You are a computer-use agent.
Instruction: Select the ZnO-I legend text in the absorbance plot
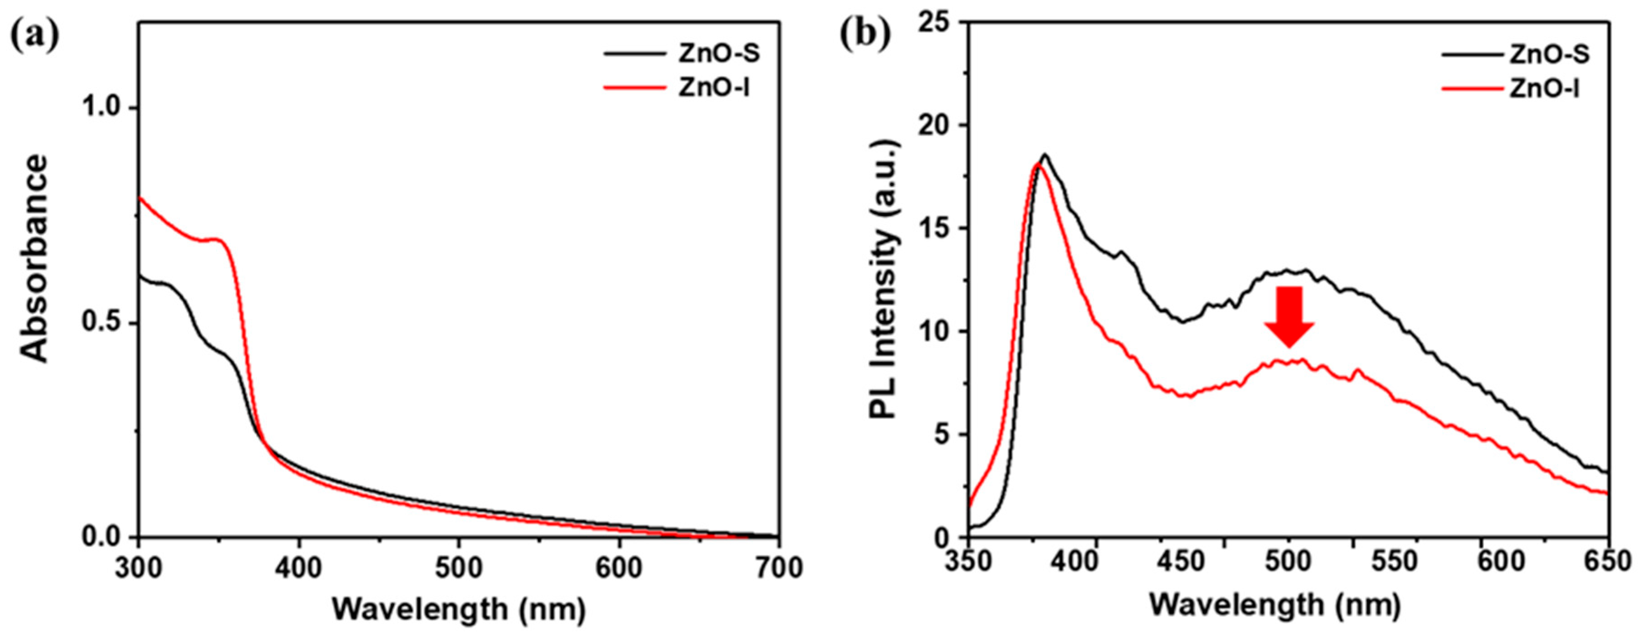[713, 88]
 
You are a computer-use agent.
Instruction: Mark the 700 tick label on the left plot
[778, 568]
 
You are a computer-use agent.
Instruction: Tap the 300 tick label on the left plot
[139, 568]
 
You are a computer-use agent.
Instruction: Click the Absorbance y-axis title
[34, 258]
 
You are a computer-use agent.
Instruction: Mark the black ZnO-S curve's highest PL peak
[1045, 155]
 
